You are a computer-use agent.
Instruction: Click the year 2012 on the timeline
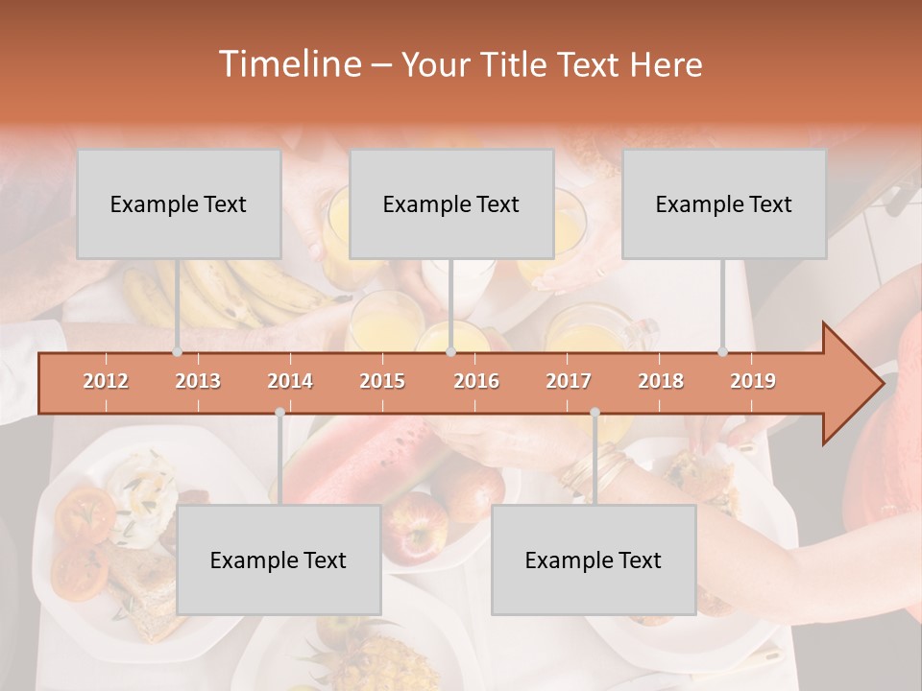106,381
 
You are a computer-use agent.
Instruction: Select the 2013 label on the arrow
198,381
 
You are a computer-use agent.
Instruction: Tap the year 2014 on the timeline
290,381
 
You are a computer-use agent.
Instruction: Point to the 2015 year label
382,381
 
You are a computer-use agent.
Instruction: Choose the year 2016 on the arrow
476,381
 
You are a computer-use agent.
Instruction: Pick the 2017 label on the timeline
569,381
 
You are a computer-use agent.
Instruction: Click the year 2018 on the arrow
661,381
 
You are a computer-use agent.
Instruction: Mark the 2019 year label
753,381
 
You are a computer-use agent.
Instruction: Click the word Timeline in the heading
288,64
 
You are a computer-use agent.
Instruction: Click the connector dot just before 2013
177,352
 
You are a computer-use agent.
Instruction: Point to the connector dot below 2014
279,412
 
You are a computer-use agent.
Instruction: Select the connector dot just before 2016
450,352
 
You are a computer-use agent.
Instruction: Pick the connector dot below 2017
594,412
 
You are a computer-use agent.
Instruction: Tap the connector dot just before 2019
723,352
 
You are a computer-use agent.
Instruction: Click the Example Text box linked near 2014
279,560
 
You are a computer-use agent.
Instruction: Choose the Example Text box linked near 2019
724,203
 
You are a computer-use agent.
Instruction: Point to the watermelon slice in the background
355,461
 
